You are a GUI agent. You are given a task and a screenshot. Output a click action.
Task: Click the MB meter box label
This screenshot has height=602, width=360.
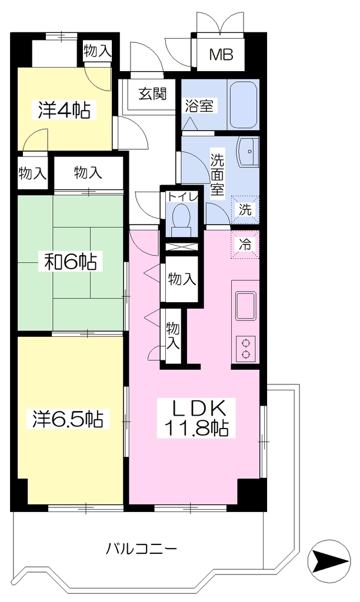221,55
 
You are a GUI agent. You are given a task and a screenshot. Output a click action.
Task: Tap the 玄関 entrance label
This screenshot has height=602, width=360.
152,93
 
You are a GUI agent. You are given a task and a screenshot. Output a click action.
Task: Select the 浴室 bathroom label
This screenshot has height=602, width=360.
199,106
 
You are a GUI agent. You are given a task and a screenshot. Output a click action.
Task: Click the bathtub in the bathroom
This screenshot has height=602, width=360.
243,105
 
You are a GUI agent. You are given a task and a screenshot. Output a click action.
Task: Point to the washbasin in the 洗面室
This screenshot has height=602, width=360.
249,152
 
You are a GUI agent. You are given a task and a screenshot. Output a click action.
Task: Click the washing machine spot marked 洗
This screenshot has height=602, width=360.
245,210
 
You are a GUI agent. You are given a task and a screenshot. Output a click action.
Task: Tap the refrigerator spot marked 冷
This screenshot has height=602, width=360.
245,244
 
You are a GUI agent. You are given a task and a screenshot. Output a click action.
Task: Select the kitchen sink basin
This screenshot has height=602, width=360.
245,306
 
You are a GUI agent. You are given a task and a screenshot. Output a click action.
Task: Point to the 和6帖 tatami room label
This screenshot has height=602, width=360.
71,262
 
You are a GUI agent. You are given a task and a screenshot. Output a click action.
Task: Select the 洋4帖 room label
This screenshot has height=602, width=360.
64,110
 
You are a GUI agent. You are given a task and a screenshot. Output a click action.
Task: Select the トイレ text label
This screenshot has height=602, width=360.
182,196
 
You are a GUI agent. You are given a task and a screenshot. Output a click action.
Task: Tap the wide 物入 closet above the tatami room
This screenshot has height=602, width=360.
88,173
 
